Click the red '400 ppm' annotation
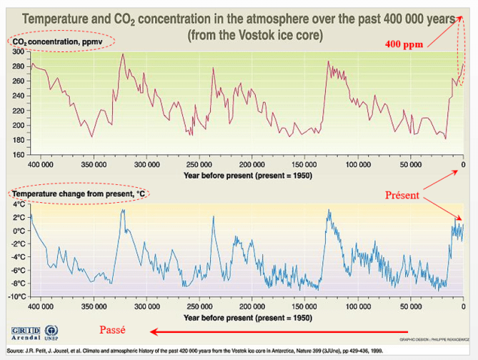[404, 44]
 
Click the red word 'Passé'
[113, 329]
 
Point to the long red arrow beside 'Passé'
[279, 331]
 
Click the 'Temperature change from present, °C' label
[76, 194]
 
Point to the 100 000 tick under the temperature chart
[358, 306]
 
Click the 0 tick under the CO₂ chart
[464, 165]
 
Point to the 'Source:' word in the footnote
[15, 351]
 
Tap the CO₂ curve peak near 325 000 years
[123, 54]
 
